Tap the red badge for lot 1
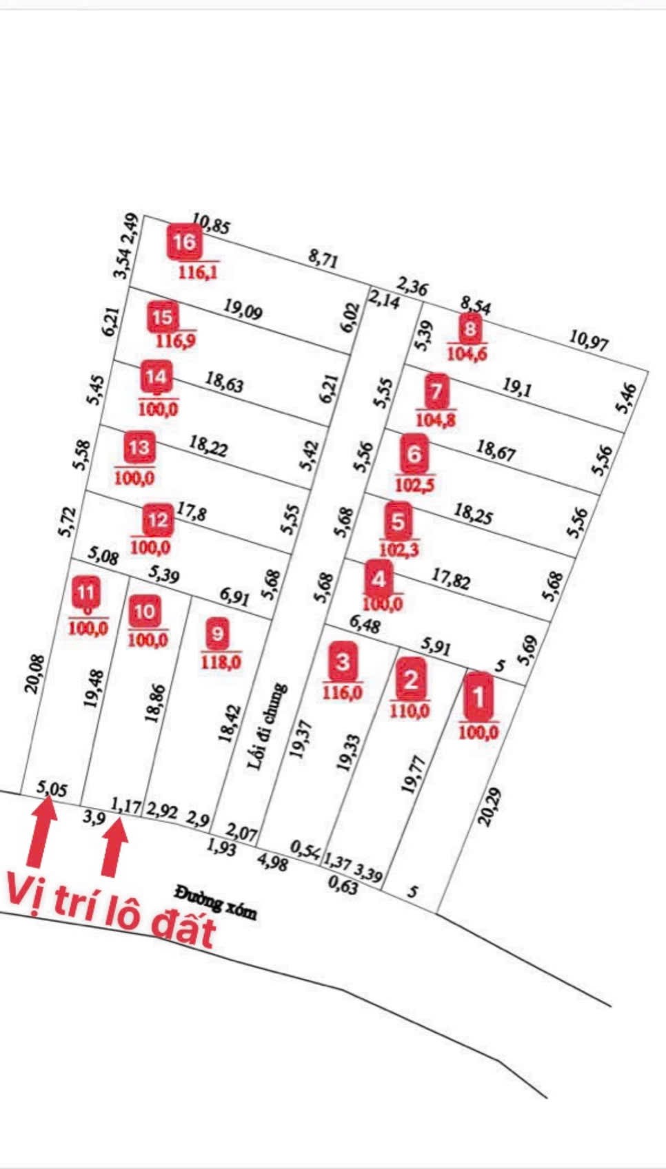click(x=478, y=697)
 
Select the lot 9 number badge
click(x=217, y=633)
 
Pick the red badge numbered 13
click(x=139, y=448)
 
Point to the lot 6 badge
click(x=414, y=454)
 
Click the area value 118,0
click(x=221, y=662)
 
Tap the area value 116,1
click(x=198, y=272)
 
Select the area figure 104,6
click(x=467, y=354)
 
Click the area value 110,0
click(x=410, y=710)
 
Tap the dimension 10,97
click(x=589, y=340)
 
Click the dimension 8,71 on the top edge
click(x=323, y=260)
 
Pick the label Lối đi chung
click(x=268, y=727)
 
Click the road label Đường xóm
click(x=215, y=902)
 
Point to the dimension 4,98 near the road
click(x=272, y=862)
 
